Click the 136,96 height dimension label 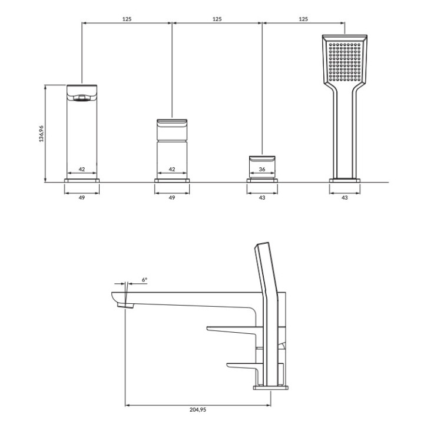[41, 134]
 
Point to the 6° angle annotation [145, 280]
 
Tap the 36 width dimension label [262, 169]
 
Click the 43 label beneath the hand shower [344, 198]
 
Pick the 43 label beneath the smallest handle [262, 198]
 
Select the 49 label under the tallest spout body [82, 198]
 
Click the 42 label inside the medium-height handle [172, 169]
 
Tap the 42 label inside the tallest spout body [82, 169]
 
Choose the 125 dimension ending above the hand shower [303, 19]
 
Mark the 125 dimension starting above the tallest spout [127, 19]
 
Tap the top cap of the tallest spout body [82, 93]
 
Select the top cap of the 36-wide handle [262, 159]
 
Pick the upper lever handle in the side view [233, 327]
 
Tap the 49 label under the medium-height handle [172, 198]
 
